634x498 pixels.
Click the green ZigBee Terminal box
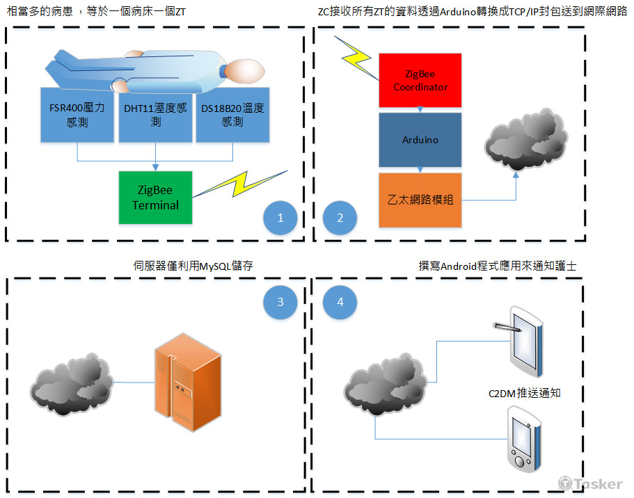(x=155, y=198)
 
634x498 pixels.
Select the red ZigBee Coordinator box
(x=420, y=80)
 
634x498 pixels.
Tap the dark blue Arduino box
(x=420, y=140)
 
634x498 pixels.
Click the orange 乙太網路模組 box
(x=420, y=200)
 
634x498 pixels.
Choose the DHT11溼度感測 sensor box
(x=155, y=115)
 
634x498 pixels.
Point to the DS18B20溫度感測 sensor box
(x=232, y=115)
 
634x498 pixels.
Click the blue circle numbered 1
(x=280, y=218)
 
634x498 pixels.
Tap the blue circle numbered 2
(x=340, y=218)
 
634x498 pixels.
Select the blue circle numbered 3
(x=280, y=302)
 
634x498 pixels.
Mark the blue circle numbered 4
(x=340, y=302)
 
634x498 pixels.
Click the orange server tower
(x=183, y=383)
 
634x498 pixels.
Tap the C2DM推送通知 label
(x=524, y=393)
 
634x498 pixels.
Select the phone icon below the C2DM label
(x=523, y=440)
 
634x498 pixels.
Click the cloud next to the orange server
(x=72, y=383)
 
